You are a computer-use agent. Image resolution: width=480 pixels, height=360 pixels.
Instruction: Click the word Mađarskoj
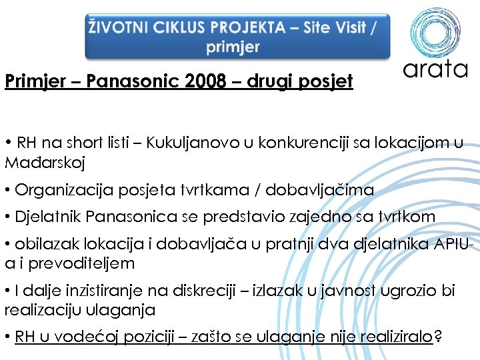click(x=45, y=162)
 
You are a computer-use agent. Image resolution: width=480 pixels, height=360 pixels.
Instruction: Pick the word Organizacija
click(x=57, y=190)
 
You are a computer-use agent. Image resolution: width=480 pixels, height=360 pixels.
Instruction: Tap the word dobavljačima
click(x=319, y=190)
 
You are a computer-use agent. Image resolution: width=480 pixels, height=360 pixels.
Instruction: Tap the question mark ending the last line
click(x=437, y=337)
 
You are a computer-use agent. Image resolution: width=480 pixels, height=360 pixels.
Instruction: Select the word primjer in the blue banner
click(x=233, y=47)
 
